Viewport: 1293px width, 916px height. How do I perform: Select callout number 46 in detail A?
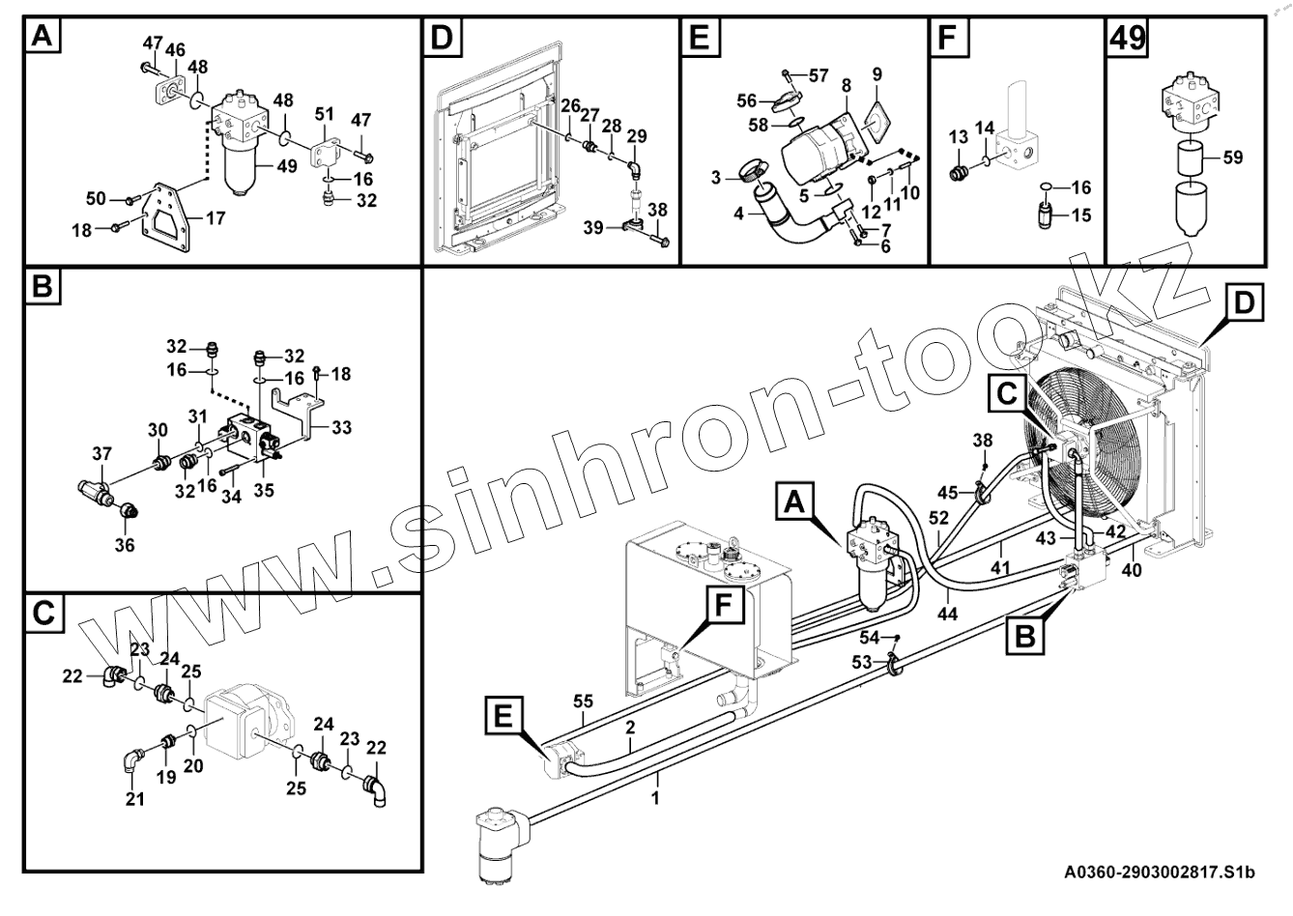pos(175,50)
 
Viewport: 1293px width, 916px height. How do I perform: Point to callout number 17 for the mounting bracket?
pos(215,218)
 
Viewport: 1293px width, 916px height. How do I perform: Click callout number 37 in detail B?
pos(101,454)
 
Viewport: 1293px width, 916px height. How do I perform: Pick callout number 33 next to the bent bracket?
pos(341,428)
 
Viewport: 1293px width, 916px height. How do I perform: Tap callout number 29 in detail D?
pos(636,135)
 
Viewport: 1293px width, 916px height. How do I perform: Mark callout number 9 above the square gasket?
pos(876,74)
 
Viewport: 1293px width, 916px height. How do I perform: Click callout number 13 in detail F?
pos(958,136)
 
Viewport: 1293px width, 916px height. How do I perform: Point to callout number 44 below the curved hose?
pos(947,613)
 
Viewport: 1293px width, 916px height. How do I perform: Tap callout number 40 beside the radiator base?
pos(1131,570)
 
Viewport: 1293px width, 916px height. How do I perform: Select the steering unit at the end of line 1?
pos(501,843)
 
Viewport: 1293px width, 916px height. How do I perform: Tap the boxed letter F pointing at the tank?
pos(724,605)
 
